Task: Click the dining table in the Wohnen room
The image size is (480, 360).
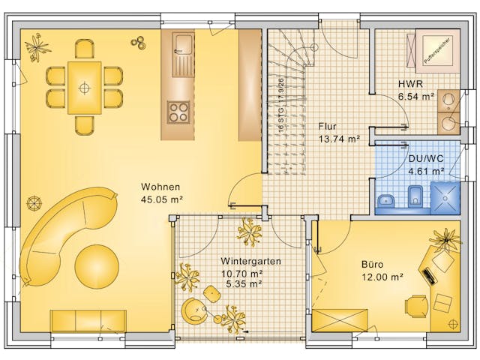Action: click(84, 87)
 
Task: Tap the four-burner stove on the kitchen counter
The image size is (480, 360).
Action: click(178, 112)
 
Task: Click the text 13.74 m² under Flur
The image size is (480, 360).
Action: click(339, 139)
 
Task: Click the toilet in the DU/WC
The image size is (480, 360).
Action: click(415, 199)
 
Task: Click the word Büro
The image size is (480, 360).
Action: click(373, 264)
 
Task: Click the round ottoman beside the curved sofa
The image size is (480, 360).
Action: click(97, 265)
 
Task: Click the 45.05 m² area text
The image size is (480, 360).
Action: click(162, 199)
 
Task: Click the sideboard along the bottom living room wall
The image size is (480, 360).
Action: click(88, 320)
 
